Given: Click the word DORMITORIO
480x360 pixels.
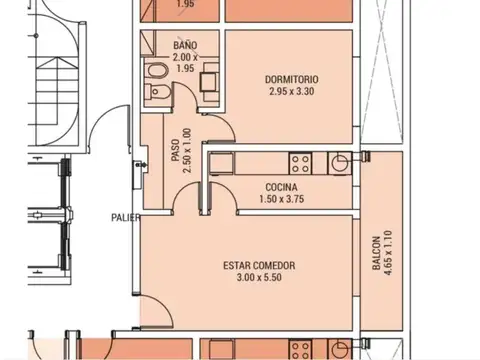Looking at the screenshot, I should (x=293, y=79).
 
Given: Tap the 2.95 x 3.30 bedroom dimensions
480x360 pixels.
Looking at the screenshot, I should (x=293, y=92).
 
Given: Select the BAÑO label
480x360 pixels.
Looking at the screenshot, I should (x=184, y=46).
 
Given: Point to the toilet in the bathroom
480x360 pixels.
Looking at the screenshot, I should (x=156, y=93).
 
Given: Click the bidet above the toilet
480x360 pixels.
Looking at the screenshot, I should (x=156, y=71).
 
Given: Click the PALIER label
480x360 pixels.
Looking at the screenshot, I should (x=125, y=216).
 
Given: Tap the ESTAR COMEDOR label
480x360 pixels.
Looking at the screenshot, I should (x=260, y=265).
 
